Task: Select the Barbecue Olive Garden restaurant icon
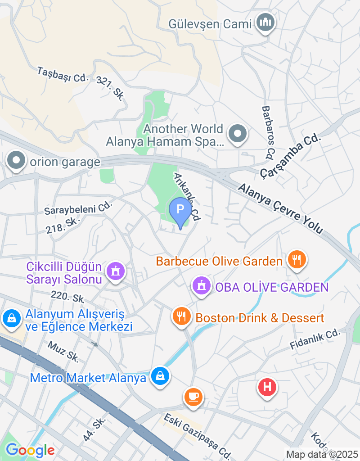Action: point(297,260)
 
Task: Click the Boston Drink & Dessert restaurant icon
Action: point(182,316)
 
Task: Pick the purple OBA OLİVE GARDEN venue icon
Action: point(201,286)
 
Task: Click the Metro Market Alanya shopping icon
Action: point(160,376)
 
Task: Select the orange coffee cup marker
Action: point(193,397)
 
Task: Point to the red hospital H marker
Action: point(267,387)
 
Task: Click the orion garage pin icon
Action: point(16,160)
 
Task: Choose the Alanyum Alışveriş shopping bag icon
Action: point(11,319)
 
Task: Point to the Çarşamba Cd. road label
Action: point(292,156)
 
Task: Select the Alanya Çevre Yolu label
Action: point(281,208)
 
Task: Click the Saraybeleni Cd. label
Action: point(78,208)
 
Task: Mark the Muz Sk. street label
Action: point(63,351)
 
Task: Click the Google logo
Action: point(30,450)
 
